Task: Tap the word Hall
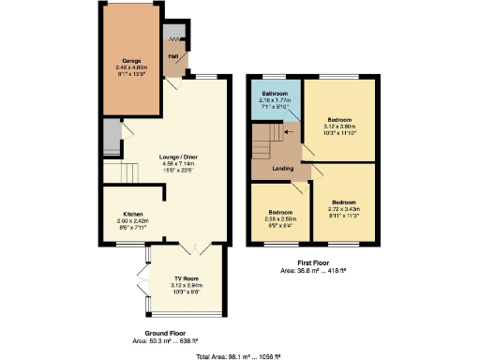pyautogui.click(x=173, y=56)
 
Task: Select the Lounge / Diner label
pyautogui.click(x=178, y=157)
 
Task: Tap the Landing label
pyautogui.click(x=284, y=169)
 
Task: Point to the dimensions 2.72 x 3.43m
pyautogui.click(x=344, y=208)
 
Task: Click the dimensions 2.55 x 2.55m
pyautogui.click(x=280, y=218)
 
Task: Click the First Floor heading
pyautogui.click(x=314, y=262)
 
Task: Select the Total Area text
pyautogui.click(x=239, y=355)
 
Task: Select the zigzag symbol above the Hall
pyautogui.click(x=172, y=39)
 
